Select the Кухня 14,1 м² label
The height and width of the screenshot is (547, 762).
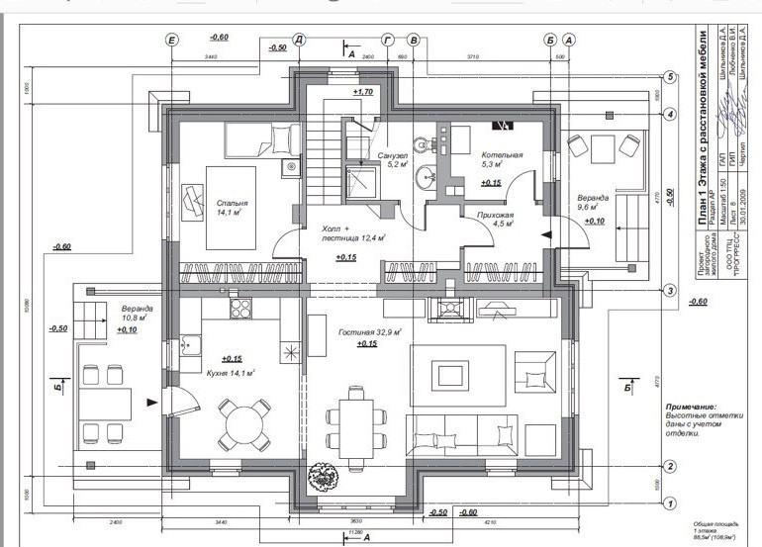[x=224, y=373]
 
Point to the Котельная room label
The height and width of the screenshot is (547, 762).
[x=502, y=156]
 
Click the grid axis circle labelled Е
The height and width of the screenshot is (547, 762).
[x=173, y=40]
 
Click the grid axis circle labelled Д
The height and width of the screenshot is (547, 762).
[x=298, y=40]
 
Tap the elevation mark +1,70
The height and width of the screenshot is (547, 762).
[x=361, y=92]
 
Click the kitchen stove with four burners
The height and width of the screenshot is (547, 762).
[x=240, y=309]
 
